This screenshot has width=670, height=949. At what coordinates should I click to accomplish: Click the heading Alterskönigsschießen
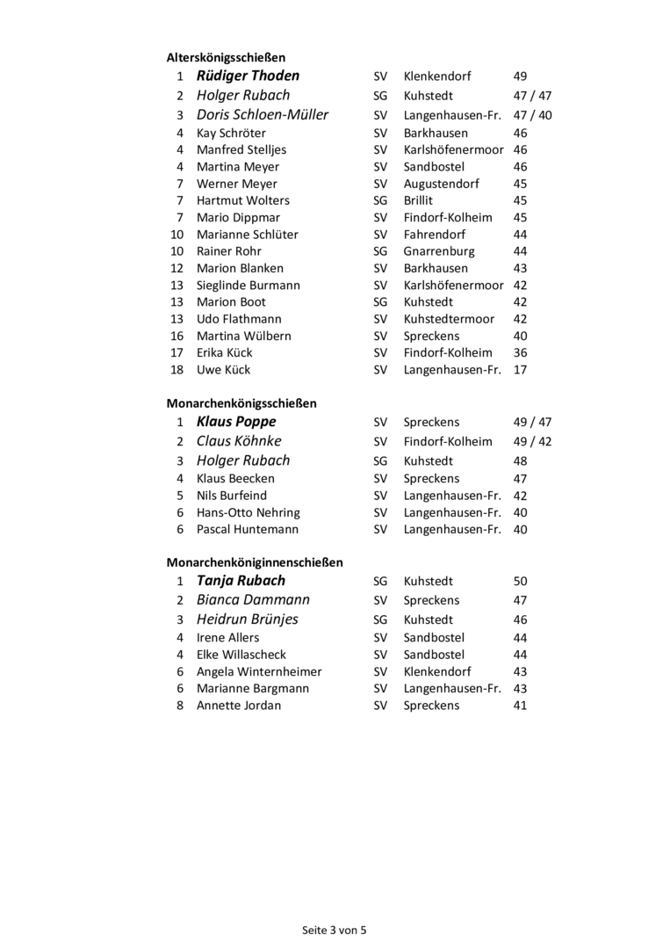coord(226,57)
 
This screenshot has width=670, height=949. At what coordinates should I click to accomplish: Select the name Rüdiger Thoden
coord(248,76)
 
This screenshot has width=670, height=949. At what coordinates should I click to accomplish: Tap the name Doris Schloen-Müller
coord(263,115)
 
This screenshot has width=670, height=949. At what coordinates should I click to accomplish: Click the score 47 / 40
coord(532,115)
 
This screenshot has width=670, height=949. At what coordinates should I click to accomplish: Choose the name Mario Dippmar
coord(238,217)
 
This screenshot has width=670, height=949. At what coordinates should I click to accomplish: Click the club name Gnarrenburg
coord(438,251)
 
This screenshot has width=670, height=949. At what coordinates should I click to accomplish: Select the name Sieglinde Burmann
coord(248,286)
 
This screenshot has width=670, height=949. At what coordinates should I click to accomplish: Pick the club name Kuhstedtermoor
coord(449,319)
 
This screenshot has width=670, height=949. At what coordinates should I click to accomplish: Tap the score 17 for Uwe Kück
coord(520,370)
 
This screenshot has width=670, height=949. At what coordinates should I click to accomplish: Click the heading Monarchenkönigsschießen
coord(241,403)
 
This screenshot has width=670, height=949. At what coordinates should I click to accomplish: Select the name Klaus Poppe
coord(236,423)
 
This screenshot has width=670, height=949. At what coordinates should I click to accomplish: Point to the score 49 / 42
coord(532,442)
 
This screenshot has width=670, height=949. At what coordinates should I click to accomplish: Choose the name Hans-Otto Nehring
coord(248,512)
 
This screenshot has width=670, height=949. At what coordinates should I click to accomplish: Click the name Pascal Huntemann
coord(247,529)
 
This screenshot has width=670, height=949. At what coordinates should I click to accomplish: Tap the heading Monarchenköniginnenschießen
coord(255,562)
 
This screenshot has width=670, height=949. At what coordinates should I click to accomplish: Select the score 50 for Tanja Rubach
coord(520,582)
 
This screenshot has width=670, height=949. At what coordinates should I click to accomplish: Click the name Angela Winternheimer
coord(259,671)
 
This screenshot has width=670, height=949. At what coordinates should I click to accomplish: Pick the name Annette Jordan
coord(239,705)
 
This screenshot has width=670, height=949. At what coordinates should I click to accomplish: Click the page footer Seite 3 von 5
coord(335,930)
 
